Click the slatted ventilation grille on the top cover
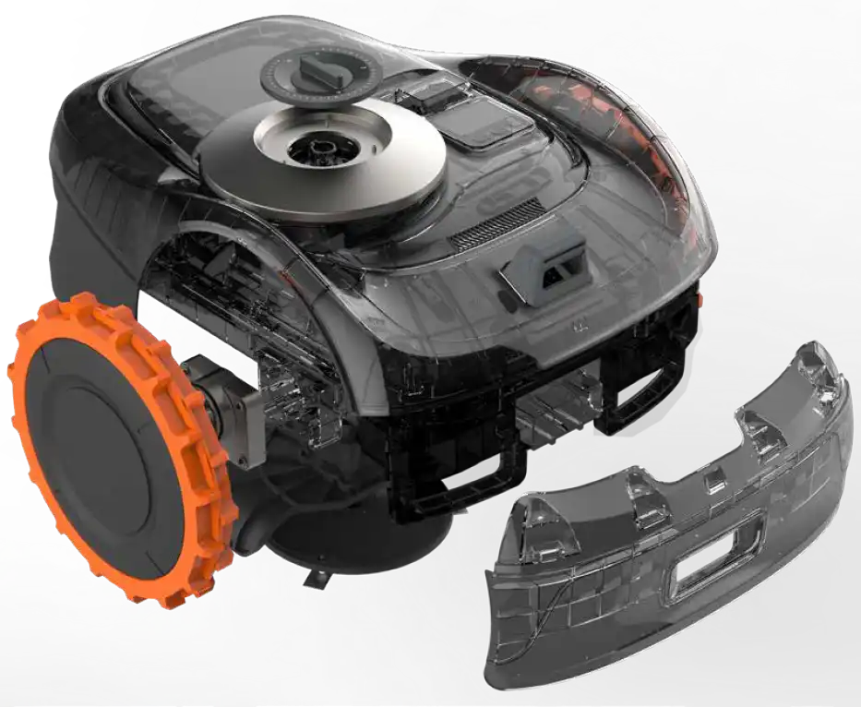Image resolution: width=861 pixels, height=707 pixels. click(498, 222)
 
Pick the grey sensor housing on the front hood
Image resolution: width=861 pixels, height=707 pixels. click(544, 263)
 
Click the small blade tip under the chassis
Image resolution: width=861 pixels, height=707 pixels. click(319, 577)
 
